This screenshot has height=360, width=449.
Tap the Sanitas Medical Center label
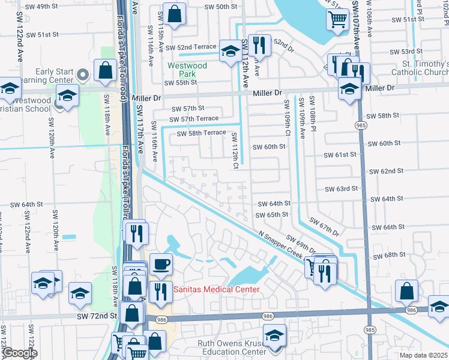(217, 290)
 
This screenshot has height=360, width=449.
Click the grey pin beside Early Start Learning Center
(83, 75)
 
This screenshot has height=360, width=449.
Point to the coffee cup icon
(160, 264)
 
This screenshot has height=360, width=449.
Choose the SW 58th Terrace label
(201, 133)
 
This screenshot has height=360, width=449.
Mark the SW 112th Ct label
(235, 147)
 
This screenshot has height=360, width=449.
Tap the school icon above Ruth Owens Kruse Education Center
(275, 335)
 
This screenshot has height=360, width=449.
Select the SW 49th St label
(39, 6)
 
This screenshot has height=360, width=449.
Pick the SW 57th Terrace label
(193, 119)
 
